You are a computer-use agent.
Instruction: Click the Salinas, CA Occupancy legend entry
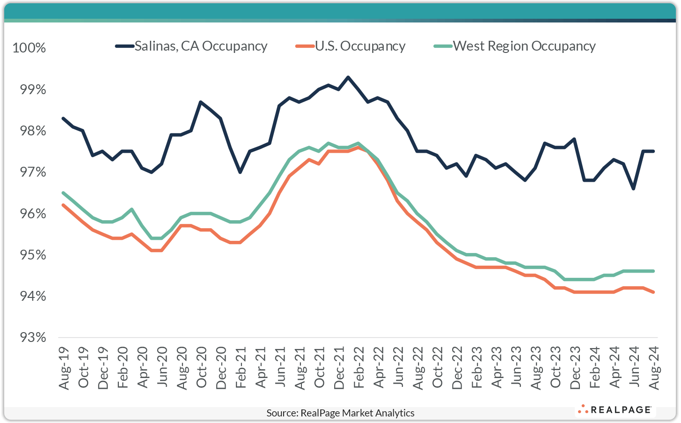[191, 46]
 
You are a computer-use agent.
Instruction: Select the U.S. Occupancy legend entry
[351, 46]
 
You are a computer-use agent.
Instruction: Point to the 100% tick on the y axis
[29, 48]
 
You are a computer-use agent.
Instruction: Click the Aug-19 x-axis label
[64, 368]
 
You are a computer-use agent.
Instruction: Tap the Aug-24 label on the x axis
[653, 368]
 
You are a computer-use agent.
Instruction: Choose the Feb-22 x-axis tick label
[359, 368]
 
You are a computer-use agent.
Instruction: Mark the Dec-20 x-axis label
[221, 368]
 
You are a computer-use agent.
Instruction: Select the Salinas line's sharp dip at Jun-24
[633, 189]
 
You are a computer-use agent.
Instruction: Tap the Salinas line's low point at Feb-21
[240, 172]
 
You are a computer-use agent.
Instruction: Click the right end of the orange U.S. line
[653, 292]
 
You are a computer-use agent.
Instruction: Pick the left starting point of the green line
[63, 193]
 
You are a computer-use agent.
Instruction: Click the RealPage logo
[615, 410]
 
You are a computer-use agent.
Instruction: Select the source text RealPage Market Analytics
[340, 413]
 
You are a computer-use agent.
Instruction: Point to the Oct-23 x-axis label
[555, 368]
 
